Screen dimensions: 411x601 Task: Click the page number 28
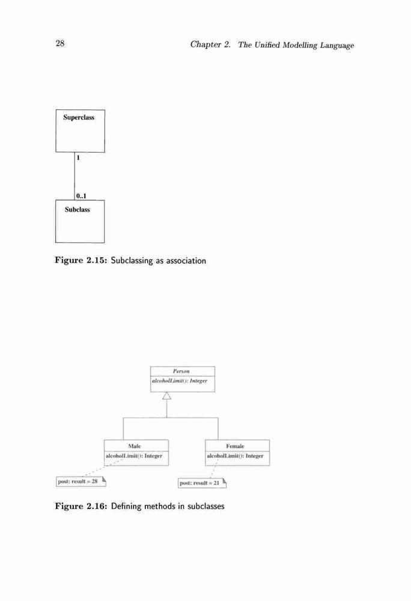click(60, 43)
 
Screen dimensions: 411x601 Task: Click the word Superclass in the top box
click(79, 117)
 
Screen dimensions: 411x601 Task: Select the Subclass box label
click(78, 209)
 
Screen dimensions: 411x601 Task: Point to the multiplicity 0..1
click(81, 196)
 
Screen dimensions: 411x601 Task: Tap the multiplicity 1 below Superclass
click(78, 157)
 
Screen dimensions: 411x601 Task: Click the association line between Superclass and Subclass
click(75, 176)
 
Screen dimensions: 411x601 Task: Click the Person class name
click(181, 371)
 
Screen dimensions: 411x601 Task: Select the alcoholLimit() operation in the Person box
click(180, 380)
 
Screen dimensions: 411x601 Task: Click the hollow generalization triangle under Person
click(166, 395)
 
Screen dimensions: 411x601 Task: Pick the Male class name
click(135, 446)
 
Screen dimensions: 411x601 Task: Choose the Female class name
click(235, 446)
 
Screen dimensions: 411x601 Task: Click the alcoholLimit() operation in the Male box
click(134, 456)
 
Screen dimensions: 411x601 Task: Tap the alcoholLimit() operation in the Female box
click(235, 456)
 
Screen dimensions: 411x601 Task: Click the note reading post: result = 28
click(81, 481)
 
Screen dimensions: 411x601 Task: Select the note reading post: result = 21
click(202, 483)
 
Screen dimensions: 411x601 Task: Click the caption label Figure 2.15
click(81, 260)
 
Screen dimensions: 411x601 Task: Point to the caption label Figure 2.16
click(81, 506)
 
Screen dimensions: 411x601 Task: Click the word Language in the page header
click(337, 46)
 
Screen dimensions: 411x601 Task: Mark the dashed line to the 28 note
click(103, 468)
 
